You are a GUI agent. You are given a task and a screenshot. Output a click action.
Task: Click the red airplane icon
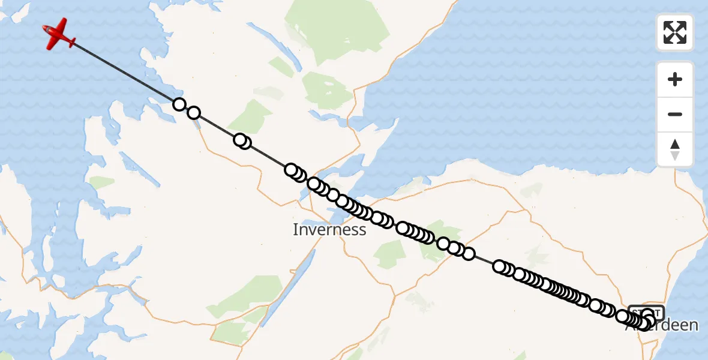point(59,34)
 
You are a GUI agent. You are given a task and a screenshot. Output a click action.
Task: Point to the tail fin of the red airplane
point(71,43)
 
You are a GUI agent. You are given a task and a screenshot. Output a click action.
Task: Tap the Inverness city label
point(329,230)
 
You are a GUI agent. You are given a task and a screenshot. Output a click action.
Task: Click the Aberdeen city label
point(662,325)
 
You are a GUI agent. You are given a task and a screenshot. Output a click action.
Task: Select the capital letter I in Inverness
point(295,230)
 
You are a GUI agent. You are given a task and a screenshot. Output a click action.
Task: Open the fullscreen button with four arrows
point(675,32)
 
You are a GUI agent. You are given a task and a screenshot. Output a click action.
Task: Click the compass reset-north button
point(675,149)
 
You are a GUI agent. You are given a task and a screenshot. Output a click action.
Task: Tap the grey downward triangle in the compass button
point(675,156)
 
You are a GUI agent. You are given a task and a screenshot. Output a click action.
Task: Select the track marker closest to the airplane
point(179,104)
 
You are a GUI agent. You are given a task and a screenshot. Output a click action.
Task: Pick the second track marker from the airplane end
point(193,113)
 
